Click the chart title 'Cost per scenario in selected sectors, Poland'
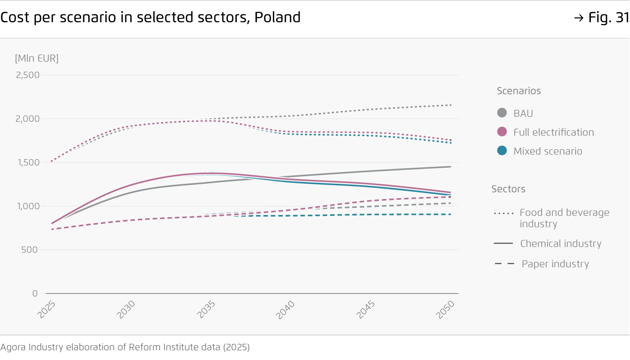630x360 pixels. (x=150, y=17)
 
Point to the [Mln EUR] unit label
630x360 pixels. (x=37, y=58)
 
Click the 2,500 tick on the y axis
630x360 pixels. (x=28, y=75)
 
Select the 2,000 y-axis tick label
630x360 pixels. (x=28, y=119)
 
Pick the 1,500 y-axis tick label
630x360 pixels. (x=28, y=162)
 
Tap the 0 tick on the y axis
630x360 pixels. (x=35, y=294)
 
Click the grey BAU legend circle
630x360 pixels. (x=502, y=113)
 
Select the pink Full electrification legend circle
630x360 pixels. (x=502, y=132)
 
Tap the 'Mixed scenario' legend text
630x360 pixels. (x=548, y=151)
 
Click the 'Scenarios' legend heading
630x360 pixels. (x=519, y=91)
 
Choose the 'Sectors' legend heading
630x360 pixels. (x=508, y=189)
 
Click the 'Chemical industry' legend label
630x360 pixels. (x=560, y=244)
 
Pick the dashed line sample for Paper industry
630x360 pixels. (x=504, y=264)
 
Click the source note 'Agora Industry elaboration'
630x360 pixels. (x=125, y=347)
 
